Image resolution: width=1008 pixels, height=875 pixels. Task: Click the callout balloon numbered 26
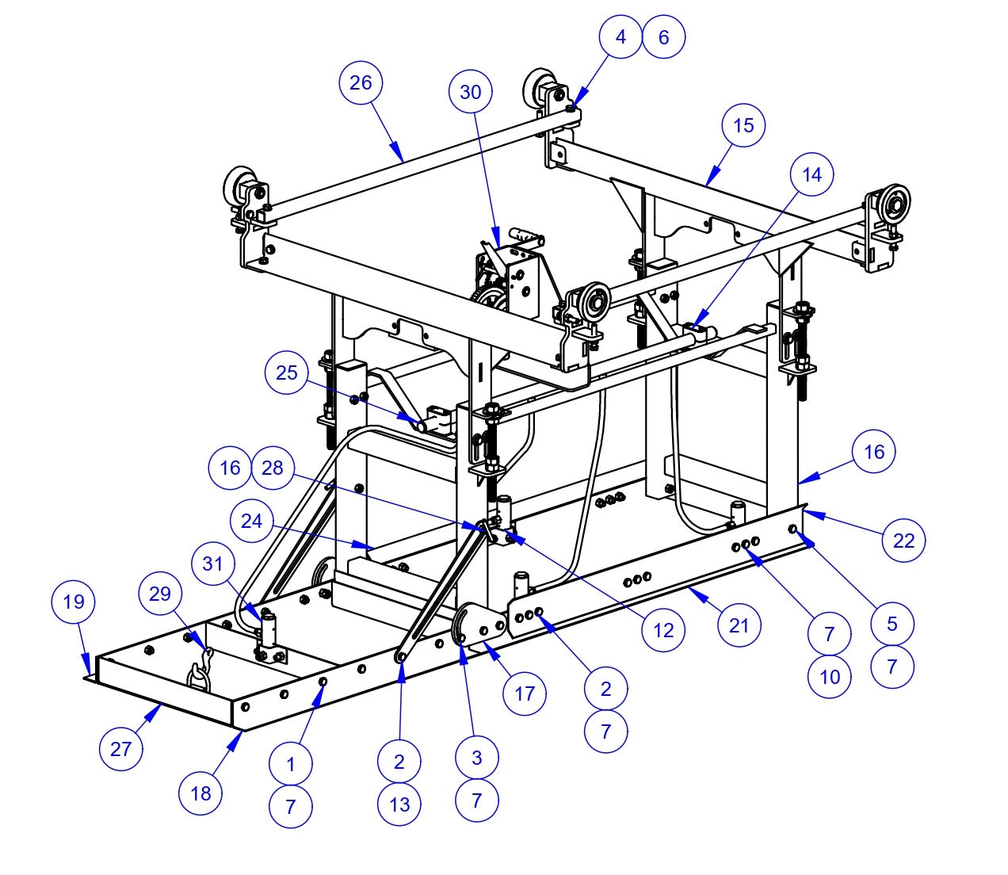361,82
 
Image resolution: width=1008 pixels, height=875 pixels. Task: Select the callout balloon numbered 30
470,92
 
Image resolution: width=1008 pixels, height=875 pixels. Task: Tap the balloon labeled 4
620,36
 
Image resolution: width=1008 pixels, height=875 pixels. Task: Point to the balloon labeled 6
663,36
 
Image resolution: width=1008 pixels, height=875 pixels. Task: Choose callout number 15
744,125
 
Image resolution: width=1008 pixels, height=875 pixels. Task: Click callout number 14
812,174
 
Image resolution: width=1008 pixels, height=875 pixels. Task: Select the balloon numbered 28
272,468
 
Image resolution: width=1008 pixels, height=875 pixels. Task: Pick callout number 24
251,521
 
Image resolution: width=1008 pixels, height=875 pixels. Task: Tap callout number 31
213,564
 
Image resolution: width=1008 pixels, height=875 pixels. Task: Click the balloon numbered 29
160,593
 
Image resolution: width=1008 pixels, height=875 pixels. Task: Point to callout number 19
73,602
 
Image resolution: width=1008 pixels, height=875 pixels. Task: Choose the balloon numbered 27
120,749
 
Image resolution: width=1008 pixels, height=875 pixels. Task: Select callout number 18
200,793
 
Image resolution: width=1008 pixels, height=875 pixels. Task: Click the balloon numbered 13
399,804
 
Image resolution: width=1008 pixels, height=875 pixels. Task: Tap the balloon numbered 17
525,694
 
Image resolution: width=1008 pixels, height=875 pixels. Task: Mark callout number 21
739,625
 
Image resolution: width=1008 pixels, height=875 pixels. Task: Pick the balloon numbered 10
829,677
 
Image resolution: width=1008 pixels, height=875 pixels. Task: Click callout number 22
903,541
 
